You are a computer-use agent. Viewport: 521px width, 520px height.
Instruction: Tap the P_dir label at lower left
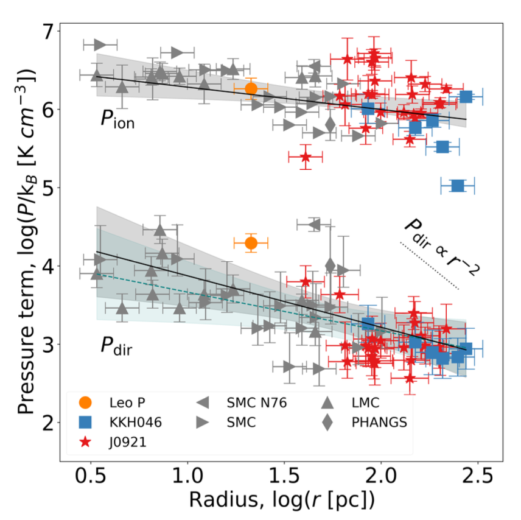point(117,347)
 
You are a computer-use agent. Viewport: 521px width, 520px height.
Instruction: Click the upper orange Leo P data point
point(251,89)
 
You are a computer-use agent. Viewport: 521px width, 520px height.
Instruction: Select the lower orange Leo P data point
point(251,244)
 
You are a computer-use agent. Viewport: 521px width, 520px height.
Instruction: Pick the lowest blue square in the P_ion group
point(458,186)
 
